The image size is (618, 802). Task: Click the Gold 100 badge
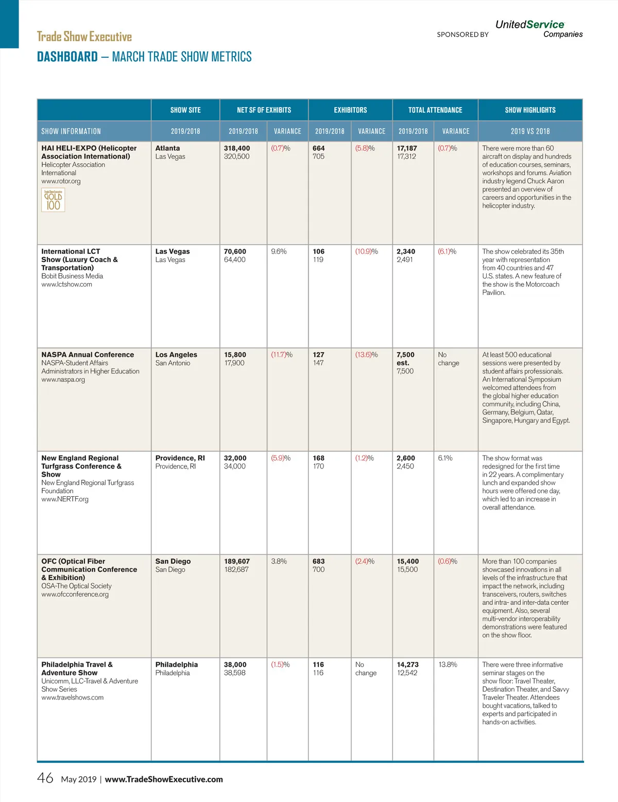(53, 200)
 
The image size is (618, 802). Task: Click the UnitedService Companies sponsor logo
(538, 29)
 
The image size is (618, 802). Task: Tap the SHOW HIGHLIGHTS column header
(530, 110)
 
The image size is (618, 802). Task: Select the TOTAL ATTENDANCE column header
(435, 110)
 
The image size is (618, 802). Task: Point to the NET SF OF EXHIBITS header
(264, 110)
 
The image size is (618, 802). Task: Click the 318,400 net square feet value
(237, 148)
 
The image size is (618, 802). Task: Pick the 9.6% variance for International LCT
(279, 252)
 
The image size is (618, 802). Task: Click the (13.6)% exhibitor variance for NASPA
(366, 355)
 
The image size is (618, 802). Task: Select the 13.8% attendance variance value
(448, 665)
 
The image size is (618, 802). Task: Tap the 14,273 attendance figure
(407, 665)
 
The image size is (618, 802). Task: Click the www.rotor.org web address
(61, 181)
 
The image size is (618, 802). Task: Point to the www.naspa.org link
(63, 379)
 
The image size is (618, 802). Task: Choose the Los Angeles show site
(176, 355)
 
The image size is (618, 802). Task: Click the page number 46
(45, 778)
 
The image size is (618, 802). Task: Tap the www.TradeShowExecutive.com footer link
(164, 779)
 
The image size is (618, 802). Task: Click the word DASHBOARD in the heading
(67, 57)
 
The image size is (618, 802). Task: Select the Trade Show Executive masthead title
(84, 37)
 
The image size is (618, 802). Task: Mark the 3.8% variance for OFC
(279, 561)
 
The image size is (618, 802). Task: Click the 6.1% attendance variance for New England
(445, 458)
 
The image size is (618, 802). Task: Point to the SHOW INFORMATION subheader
(71, 131)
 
